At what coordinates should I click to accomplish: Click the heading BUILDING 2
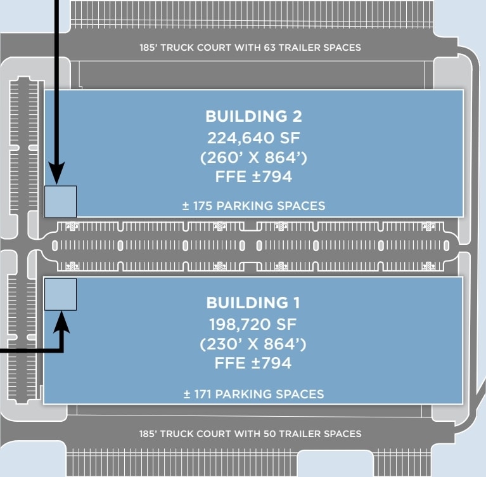point(253,116)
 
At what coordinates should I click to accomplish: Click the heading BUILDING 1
point(253,302)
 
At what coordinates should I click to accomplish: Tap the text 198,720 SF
point(253,324)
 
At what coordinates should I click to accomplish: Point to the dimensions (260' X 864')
point(253,157)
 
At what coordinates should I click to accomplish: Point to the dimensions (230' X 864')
point(253,344)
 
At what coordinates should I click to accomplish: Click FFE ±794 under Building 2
point(253,176)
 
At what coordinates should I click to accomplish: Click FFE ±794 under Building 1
point(253,363)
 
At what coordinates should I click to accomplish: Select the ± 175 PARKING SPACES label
point(253,206)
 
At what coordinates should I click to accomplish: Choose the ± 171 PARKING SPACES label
point(253,394)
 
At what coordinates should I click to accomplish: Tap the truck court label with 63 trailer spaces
point(250,48)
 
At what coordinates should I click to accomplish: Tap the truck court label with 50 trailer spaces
point(250,434)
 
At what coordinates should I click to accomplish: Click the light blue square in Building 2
point(60,202)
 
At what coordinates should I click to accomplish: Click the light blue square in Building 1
point(60,294)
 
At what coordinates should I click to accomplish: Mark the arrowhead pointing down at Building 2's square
point(56,173)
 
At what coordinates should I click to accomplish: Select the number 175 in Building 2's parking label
point(203,206)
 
